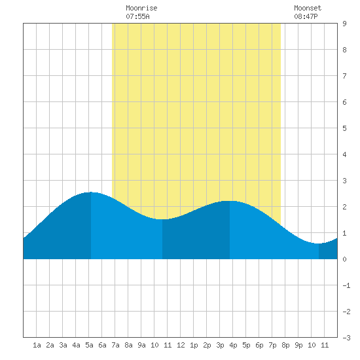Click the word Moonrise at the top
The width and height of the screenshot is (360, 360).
[141, 8]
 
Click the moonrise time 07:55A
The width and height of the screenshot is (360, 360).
[137, 16]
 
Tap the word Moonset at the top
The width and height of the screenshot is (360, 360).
[308, 8]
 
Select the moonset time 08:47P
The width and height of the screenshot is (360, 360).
[306, 16]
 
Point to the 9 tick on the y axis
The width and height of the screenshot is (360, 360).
[344, 24]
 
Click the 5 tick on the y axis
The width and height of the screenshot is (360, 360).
[344, 128]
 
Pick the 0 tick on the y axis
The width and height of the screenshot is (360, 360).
[344, 259]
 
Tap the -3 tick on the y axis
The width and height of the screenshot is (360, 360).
[347, 338]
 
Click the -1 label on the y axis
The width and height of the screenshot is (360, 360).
[347, 285]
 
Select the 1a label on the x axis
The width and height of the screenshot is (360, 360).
[37, 345]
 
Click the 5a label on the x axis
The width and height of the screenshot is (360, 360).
[89, 345]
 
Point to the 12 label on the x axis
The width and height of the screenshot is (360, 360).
[181, 345]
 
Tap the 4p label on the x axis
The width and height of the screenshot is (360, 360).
[233, 345]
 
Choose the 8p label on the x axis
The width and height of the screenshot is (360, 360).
[285, 345]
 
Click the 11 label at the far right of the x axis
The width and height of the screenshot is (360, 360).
[325, 345]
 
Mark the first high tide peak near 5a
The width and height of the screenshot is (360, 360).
[91, 192]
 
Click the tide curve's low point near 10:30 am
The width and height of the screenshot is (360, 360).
[162, 219]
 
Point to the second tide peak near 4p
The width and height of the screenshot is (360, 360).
[230, 201]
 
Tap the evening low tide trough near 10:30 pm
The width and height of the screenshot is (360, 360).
[319, 243]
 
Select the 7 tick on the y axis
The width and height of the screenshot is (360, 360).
[344, 76]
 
